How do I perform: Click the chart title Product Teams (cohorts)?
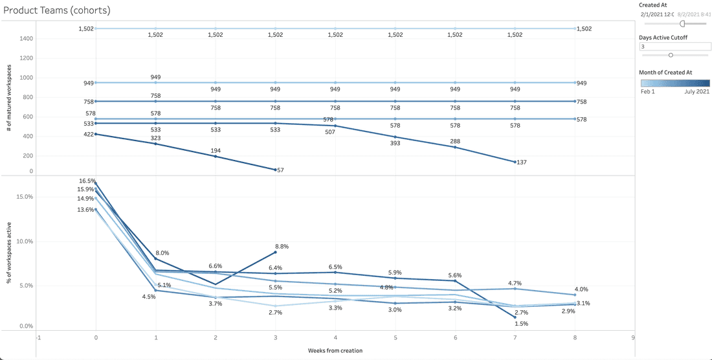pyautogui.click(x=57, y=11)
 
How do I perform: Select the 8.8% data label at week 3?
pyautogui.click(x=282, y=247)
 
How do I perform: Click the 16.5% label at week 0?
pyautogui.click(x=87, y=181)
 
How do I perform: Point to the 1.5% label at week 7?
pyautogui.click(x=522, y=323)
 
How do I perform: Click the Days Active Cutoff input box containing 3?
pyautogui.click(x=673, y=47)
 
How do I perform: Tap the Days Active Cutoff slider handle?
pyautogui.click(x=671, y=55)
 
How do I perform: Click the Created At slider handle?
pyautogui.click(x=682, y=23)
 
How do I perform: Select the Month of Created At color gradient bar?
pyautogui.click(x=674, y=83)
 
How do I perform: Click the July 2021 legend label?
pyautogui.click(x=697, y=92)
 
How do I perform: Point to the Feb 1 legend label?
pyautogui.click(x=648, y=92)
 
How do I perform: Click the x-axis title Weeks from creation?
pyautogui.click(x=335, y=350)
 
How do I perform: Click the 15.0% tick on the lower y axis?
pyautogui.click(x=23, y=197)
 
